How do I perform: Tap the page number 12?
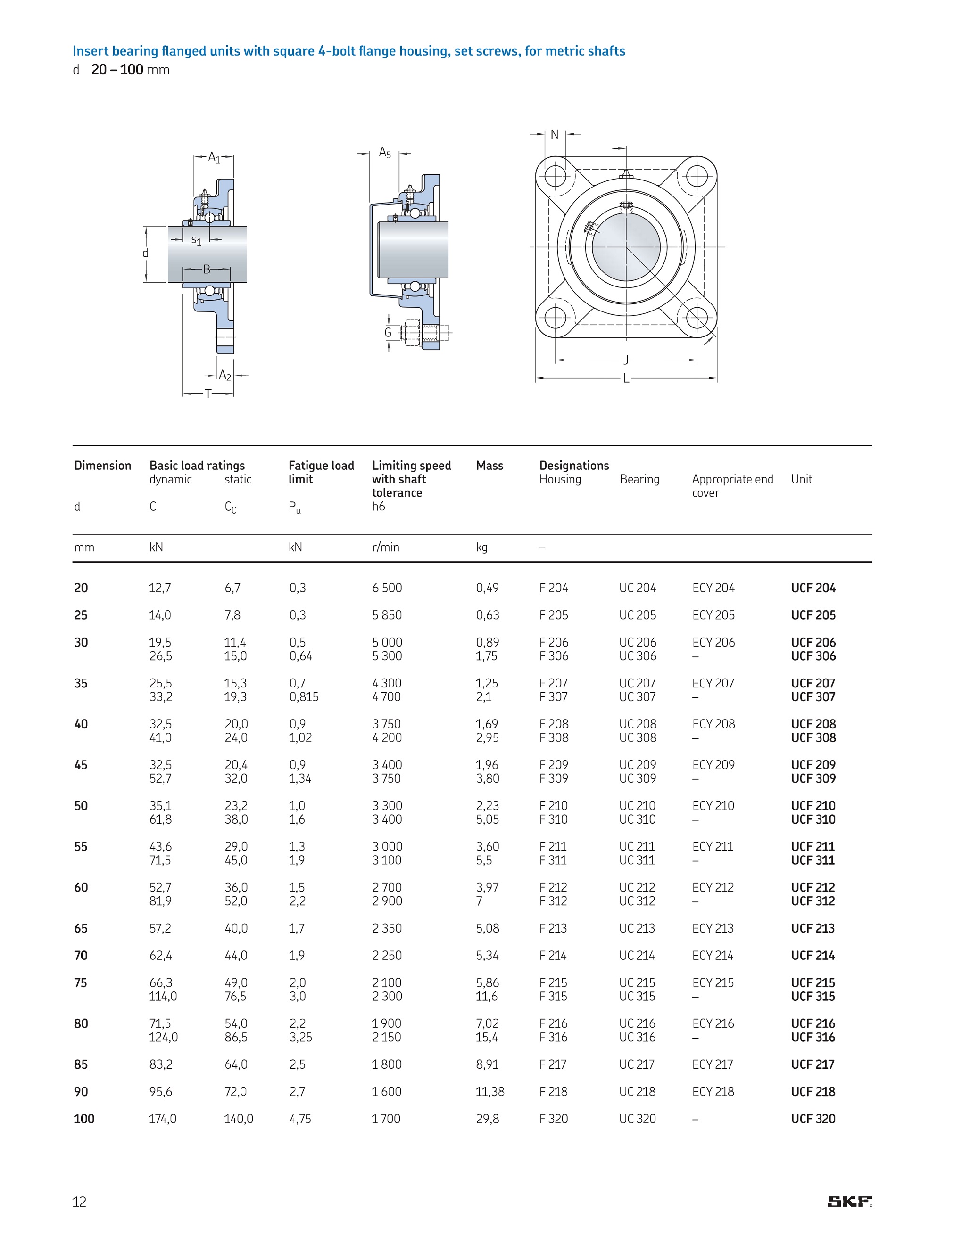point(79,1202)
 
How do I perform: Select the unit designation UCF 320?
point(813,1119)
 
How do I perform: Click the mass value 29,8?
point(487,1119)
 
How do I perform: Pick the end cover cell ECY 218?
point(713,1091)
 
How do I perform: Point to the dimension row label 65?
point(81,928)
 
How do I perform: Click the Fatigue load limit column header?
point(321,472)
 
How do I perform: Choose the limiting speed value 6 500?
point(387,588)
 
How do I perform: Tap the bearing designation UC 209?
point(638,764)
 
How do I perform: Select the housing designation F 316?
point(553,1037)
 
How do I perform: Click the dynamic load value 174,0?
point(162,1119)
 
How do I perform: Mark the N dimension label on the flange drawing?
point(555,135)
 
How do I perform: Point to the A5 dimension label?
point(385,153)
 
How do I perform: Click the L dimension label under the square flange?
point(626,378)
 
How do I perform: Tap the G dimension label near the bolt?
point(388,333)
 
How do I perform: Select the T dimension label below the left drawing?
point(208,393)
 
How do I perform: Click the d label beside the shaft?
point(145,254)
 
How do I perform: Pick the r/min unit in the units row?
point(385,548)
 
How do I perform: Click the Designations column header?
point(574,466)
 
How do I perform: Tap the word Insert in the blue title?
point(91,51)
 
